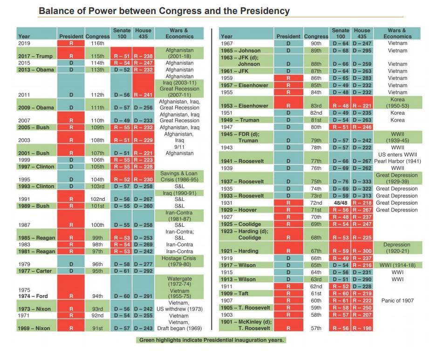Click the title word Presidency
tap(263, 11)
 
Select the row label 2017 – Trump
tap(36, 56)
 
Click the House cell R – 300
tap(362, 251)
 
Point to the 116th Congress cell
tap(97, 43)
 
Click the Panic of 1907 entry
tap(397, 301)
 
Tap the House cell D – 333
tap(362, 182)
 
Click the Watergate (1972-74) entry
tap(179, 282)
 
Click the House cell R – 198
tap(362, 328)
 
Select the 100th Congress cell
tap(97, 225)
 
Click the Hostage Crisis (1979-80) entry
tap(179, 261)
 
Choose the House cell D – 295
tap(362, 50)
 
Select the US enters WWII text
tap(397, 155)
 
